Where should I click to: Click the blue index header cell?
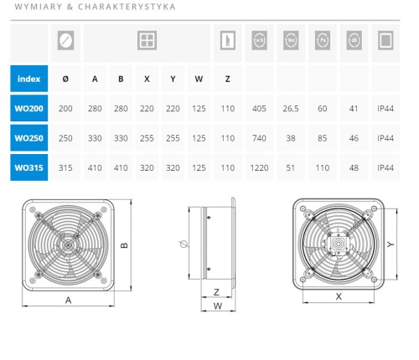click(x=29, y=79)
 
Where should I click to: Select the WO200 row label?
click(x=29, y=108)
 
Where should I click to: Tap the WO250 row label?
click(x=29, y=138)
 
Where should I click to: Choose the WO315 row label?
click(x=29, y=167)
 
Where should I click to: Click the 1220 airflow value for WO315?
click(x=259, y=167)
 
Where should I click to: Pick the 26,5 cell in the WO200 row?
click(x=291, y=109)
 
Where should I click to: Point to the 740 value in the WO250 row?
click(x=259, y=138)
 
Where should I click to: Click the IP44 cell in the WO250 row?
click(x=385, y=138)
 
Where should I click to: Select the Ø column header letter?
click(x=65, y=79)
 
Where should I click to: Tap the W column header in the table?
click(x=199, y=79)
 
